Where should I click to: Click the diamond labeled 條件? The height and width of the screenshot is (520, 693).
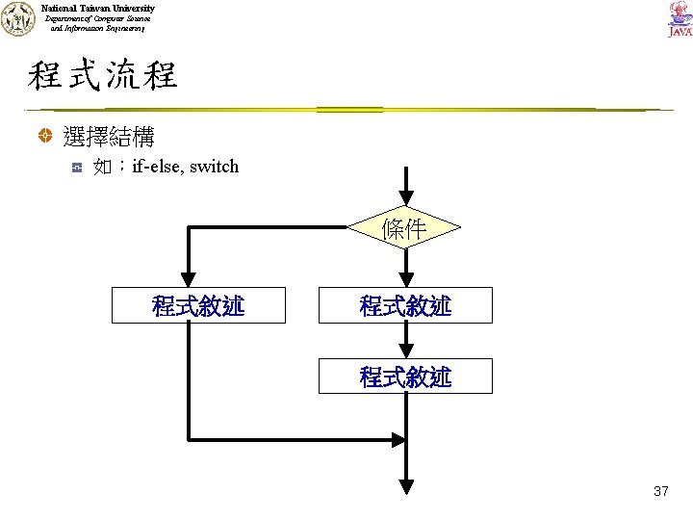[405, 229]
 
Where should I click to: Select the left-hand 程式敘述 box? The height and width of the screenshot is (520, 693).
[198, 305]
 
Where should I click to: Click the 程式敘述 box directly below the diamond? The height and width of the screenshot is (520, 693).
[405, 305]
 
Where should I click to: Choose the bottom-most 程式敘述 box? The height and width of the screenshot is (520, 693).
[405, 377]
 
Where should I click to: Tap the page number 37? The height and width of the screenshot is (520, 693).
[660, 491]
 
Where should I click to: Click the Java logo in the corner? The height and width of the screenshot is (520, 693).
[679, 19]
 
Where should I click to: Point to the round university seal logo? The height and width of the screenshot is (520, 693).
[16, 19]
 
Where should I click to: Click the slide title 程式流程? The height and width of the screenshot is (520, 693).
[102, 75]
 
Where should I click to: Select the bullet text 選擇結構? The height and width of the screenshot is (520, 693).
[108, 136]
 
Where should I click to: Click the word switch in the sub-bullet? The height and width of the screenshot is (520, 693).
[214, 167]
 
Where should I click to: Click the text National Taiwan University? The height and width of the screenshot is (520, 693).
[97, 8]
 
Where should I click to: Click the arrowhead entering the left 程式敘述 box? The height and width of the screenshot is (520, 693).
[190, 278]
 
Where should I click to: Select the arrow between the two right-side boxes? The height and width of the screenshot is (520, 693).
[405, 341]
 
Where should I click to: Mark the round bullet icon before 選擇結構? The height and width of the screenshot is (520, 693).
[44, 137]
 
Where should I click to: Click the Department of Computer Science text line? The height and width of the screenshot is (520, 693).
[96, 19]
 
